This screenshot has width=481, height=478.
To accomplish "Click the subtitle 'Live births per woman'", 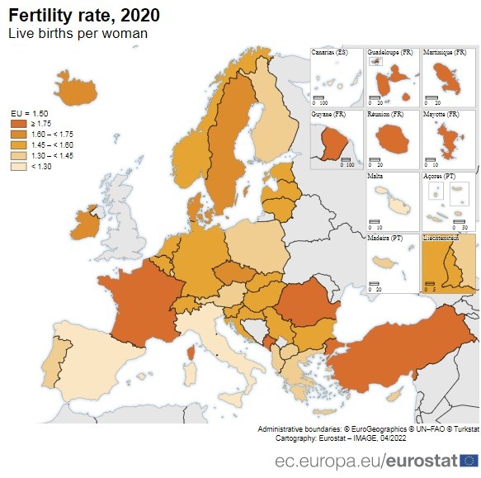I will coord(78,34).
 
